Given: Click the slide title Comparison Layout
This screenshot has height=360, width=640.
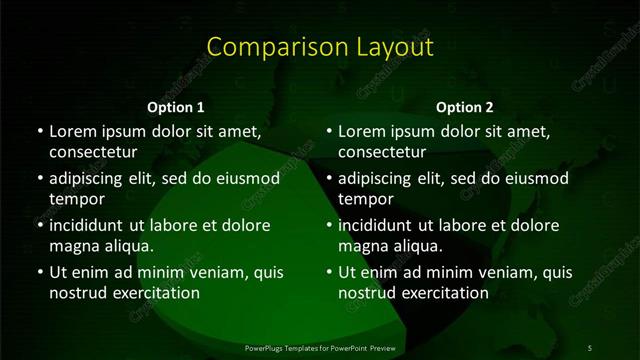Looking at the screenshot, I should pyautogui.click(x=320, y=47).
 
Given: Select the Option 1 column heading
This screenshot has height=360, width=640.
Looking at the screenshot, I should pyautogui.click(x=176, y=107).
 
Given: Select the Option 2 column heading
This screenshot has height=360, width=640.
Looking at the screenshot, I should pyautogui.click(x=465, y=107).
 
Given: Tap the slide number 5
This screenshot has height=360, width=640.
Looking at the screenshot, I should pyautogui.click(x=590, y=347).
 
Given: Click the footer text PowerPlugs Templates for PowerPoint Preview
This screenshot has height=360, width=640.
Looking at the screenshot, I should pyautogui.click(x=320, y=347).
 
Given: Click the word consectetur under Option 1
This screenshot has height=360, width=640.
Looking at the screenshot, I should pyautogui.click(x=93, y=152).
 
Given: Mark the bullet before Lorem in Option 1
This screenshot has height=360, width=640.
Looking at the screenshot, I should pyautogui.click(x=40, y=132).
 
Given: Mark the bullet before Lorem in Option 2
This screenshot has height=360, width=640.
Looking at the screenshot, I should pyautogui.click(x=329, y=132).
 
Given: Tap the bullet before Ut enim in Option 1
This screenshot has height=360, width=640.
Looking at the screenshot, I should pyautogui.click(x=40, y=272).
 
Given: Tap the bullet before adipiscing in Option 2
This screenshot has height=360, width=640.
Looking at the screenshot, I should pyautogui.click(x=329, y=179).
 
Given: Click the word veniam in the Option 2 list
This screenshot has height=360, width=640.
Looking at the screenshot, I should pyautogui.click(x=504, y=272).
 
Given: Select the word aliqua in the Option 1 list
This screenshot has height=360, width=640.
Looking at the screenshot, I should pyautogui.click(x=126, y=245).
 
